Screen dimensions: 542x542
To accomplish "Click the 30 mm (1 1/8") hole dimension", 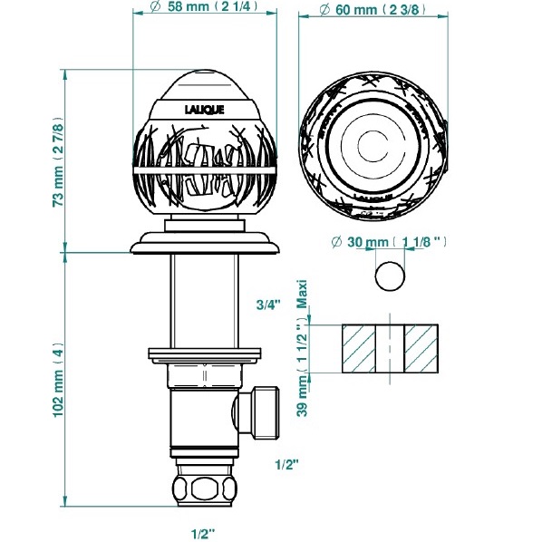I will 389,242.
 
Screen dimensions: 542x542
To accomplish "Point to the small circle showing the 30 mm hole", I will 390,276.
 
